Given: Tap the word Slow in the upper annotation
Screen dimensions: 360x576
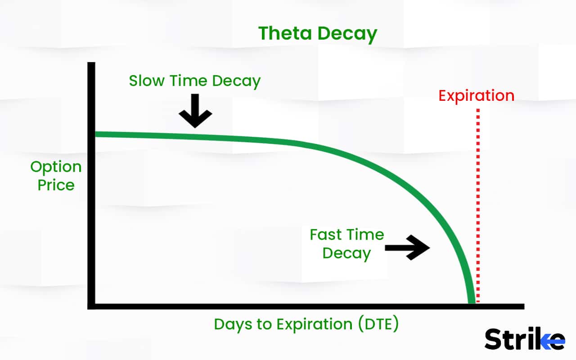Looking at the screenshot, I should pos(147,81).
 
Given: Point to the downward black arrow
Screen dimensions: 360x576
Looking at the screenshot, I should pos(195,111).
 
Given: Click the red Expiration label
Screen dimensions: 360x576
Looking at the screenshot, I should pos(476,96).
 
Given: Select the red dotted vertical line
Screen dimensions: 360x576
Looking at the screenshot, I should pos(478,202).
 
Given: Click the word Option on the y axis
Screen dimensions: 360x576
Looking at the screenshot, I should pos(56,167).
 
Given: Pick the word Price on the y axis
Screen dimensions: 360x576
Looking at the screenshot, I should pos(56,185).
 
